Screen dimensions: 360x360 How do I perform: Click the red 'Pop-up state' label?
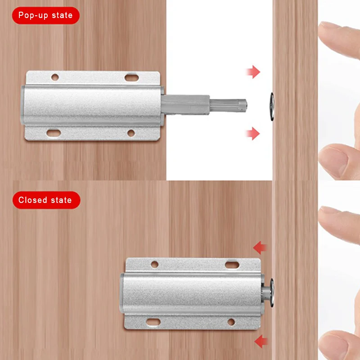(46, 15)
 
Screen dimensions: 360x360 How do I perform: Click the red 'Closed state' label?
(46, 200)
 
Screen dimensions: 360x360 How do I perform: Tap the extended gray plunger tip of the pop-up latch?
(229, 105)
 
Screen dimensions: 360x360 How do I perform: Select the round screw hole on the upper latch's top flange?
(55, 77)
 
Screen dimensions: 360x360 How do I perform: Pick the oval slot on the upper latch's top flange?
(131, 77)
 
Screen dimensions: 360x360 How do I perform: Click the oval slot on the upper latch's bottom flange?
(54, 133)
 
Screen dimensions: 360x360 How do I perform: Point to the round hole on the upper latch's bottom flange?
(131, 133)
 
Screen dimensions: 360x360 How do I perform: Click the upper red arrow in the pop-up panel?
(253, 72)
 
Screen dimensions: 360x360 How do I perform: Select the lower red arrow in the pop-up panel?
(252, 133)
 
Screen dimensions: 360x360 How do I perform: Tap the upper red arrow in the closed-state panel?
(260, 248)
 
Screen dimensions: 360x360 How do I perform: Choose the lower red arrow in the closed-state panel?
(261, 342)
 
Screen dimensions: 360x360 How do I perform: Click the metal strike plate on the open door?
(272, 107)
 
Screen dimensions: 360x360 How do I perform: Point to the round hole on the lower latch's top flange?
(154, 264)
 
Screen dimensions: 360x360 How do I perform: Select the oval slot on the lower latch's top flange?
(232, 265)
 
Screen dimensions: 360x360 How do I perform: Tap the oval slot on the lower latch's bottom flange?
(153, 322)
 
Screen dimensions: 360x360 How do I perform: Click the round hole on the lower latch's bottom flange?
(231, 322)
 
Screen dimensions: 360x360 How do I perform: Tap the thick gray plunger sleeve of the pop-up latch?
(185, 105)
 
